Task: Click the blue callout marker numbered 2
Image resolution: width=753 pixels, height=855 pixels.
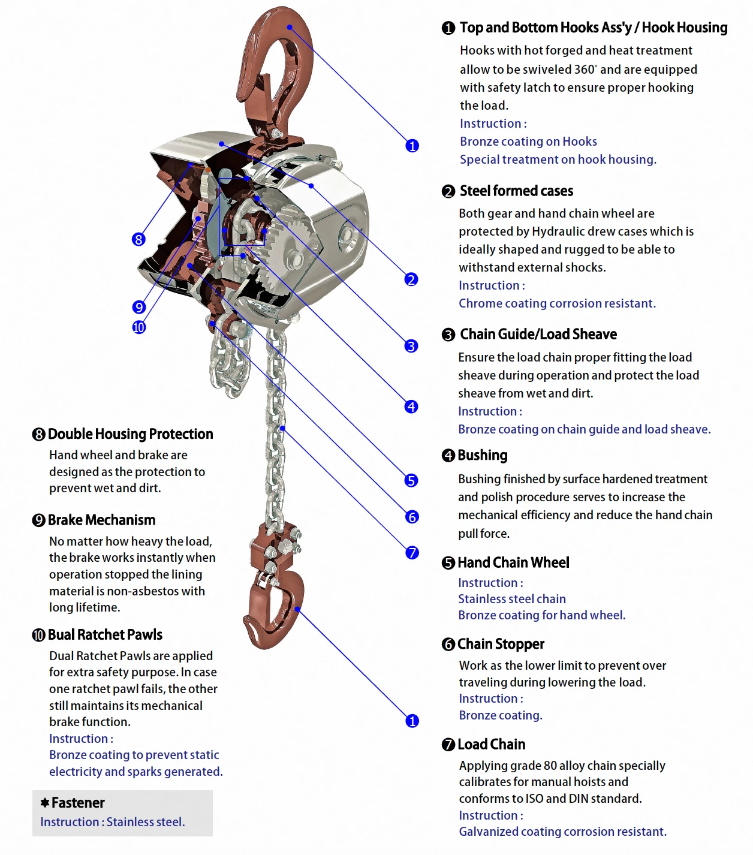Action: pyautogui.click(x=411, y=279)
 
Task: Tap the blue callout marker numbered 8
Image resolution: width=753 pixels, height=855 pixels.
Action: pyautogui.click(x=138, y=239)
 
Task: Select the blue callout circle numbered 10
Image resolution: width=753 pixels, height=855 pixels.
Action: pyautogui.click(x=139, y=327)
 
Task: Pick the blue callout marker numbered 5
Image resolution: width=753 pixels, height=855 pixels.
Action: pyautogui.click(x=411, y=480)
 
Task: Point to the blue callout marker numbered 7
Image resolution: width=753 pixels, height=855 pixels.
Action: pyautogui.click(x=412, y=552)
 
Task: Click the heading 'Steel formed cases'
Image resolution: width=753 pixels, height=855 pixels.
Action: pyautogui.click(x=516, y=191)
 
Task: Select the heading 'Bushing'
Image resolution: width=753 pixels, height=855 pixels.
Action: pyautogui.click(x=483, y=455)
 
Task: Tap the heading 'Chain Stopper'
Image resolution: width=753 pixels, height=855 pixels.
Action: pyautogui.click(x=501, y=644)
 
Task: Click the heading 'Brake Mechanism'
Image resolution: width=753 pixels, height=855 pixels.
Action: pyautogui.click(x=101, y=520)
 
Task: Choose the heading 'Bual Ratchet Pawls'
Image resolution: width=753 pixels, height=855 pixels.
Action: pyautogui.click(x=105, y=635)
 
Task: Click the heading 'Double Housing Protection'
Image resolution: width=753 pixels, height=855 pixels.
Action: pyautogui.click(x=131, y=434)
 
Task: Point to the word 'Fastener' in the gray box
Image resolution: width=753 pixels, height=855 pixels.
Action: pyautogui.click(x=78, y=803)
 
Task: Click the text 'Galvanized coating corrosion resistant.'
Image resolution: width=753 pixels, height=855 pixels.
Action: pyautogui.click(x=562, y=832)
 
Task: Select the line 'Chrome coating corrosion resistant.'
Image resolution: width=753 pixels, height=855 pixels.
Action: pyautogui.click(x=557, y=303)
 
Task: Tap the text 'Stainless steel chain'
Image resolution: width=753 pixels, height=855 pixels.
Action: pyautogui.click(x=512, y=599)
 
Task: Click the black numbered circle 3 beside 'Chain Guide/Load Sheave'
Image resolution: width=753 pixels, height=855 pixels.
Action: pyautogui.click(x=448, y=335)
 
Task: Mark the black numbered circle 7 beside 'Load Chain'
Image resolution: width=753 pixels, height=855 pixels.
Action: pyautogui.click(x=448, y=745)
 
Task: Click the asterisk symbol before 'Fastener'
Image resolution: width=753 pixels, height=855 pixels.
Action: pyautogui.click(x=45, y=802)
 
